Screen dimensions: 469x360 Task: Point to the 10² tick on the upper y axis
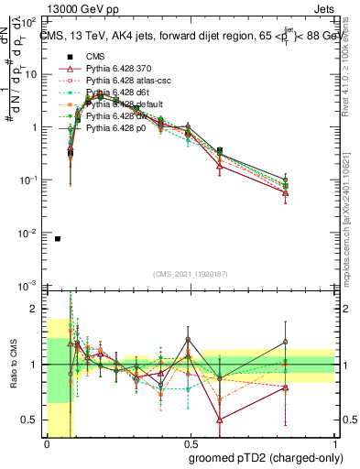[31, 20]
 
